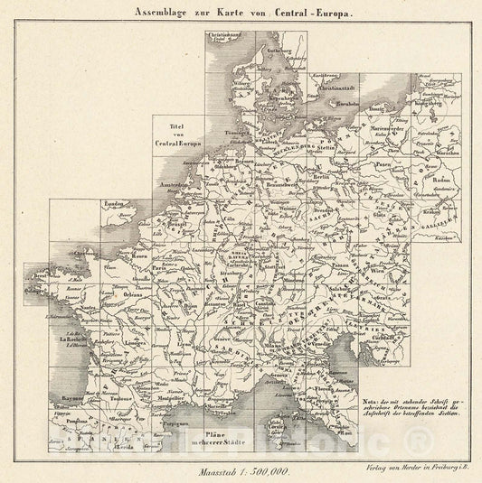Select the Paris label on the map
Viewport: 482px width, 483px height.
(160, 268)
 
